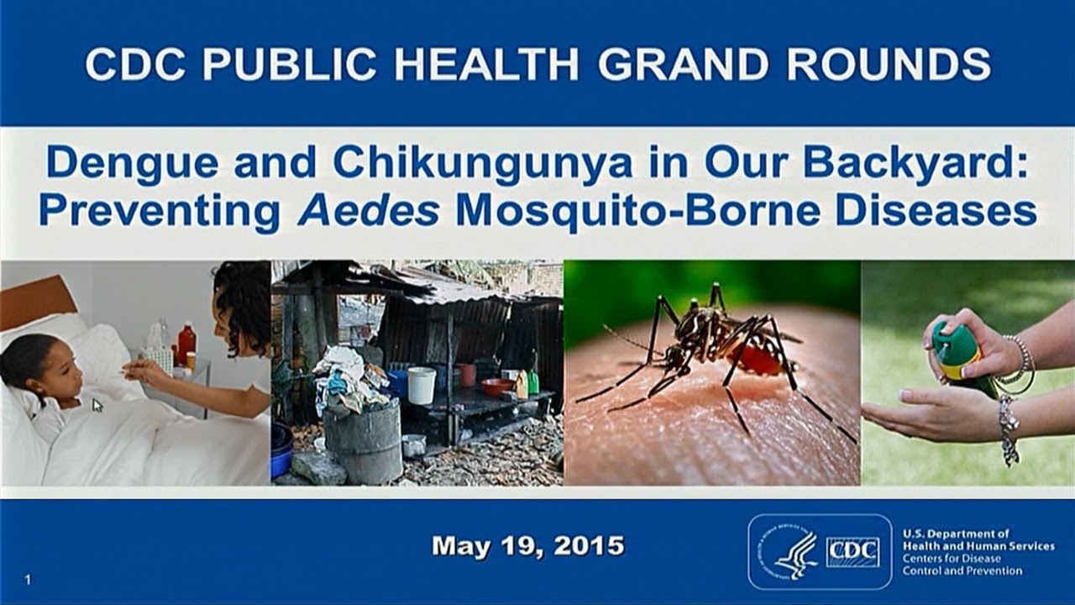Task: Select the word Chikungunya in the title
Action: coord(483,164)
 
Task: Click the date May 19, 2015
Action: coord(527,546)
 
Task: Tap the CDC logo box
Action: coord(853,552)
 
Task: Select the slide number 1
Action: coord(29,580)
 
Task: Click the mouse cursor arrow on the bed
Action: coord(97,405)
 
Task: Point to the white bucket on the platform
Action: coord(421,385)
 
